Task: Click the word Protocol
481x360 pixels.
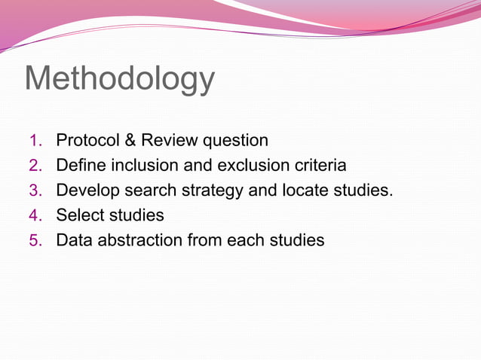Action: tap(87, 140)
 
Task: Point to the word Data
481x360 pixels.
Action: tap(75, 240)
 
